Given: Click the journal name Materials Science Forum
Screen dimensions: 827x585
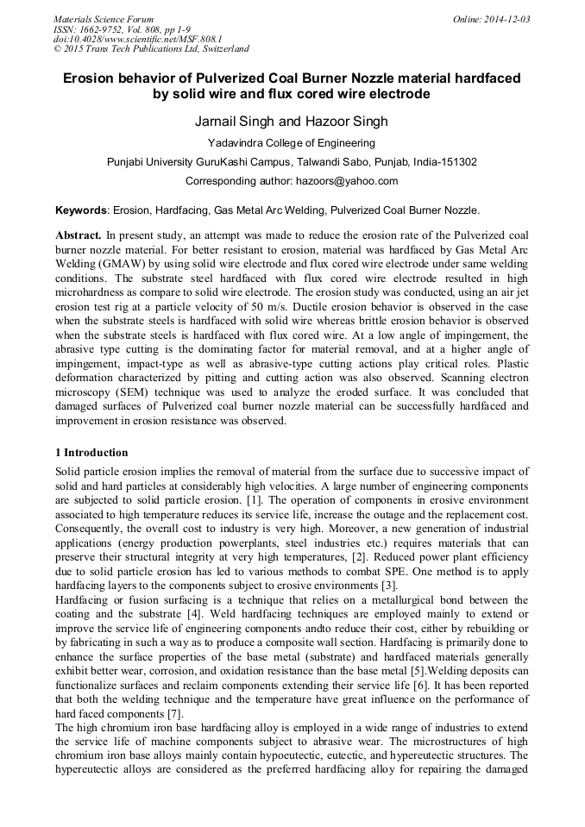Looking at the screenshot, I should [x=104, y=18].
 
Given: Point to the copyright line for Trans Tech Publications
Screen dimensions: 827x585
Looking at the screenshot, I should [x=151, y=49].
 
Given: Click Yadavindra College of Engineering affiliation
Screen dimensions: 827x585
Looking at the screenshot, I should [x=292, y=142].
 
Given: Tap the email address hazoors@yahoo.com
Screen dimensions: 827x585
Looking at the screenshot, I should [x=346, y=181].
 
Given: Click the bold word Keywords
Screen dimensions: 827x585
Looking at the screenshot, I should [x=82, y=210].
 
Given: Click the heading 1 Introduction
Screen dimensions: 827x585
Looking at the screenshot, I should [x=91, y=453].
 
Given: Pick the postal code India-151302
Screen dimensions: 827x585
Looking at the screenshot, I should [x=440, y=161].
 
